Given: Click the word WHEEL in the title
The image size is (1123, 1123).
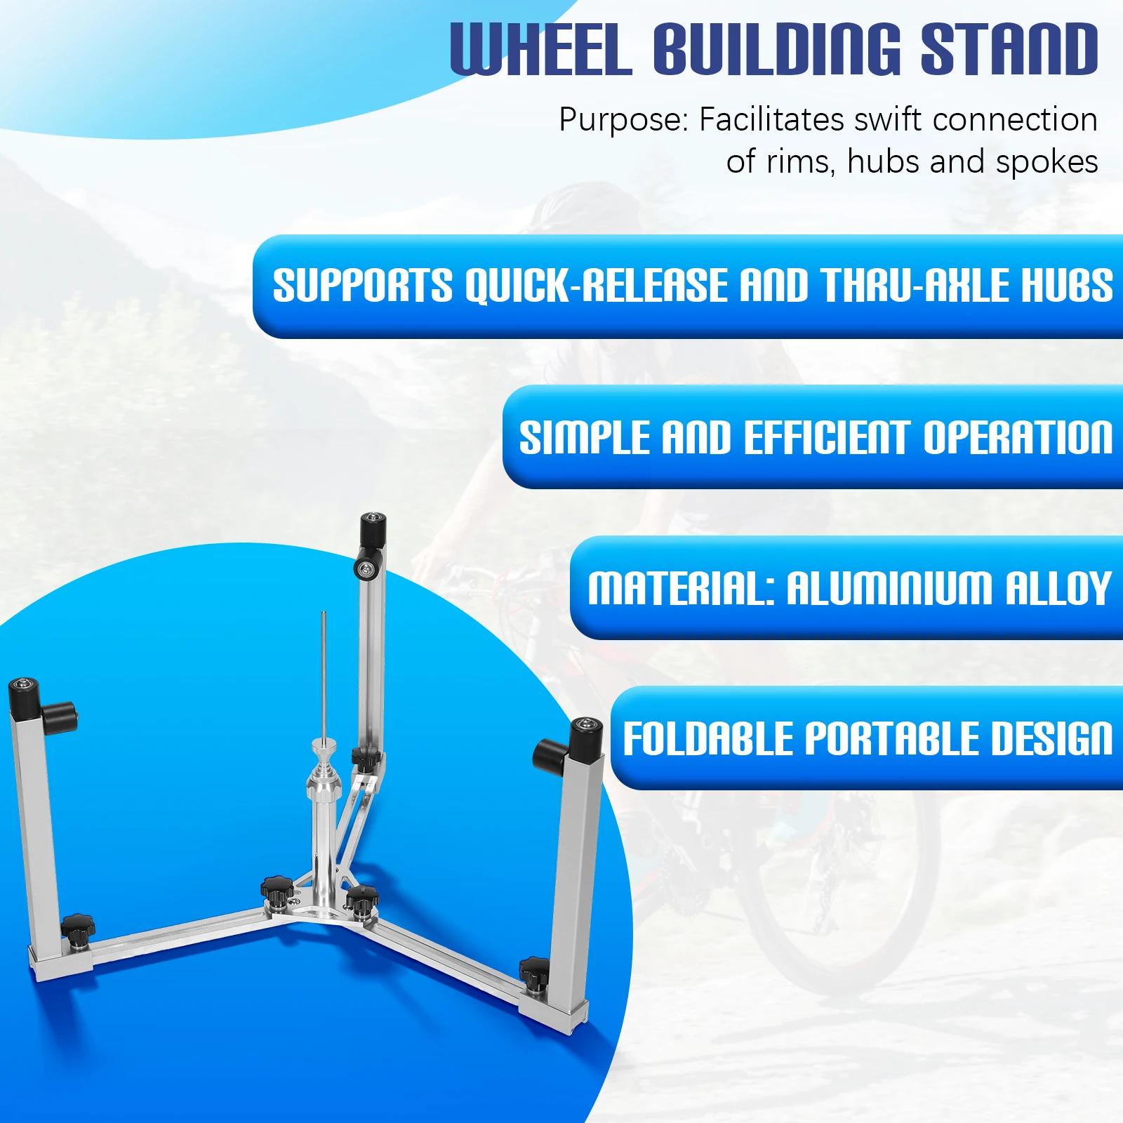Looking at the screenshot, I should [x=540, y=49].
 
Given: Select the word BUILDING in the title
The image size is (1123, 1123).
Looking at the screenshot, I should [x=776, y=49].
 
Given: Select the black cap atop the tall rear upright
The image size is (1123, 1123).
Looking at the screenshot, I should [x=373, y=531].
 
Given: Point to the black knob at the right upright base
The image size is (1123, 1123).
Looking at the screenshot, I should [x=535, y=971].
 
